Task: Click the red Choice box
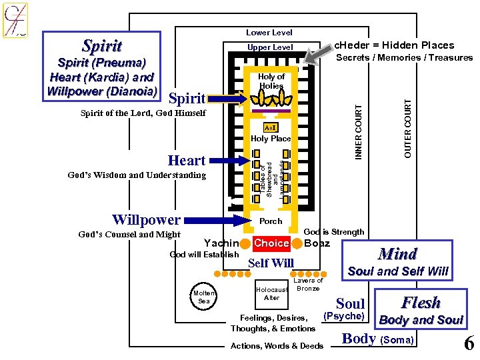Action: pyautogui.click(x=272, y=243)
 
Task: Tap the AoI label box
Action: pyautogui.click(x=270, y=127)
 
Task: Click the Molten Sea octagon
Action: pyautogui.click(x=204, y=297)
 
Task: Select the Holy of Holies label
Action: pyautogui.click(x=271, y=81)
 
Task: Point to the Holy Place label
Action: pyautogui.click(x=271, y=139)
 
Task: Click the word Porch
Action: pyautogui.click(x=271, y=221)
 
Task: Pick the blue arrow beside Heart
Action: pyautogui.click(x=230, y=161)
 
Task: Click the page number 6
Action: pyautogui.click(x=469, y=343)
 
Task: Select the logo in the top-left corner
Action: pyautogui.click(x=15, y=19)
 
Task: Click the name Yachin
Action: pyautogui.click(x=221, y=243)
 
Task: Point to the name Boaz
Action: pyautogui.click(x=317, y=243)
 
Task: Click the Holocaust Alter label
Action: pyautogui.click(x=272, y=294)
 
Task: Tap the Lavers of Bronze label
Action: pyautogui.click(x=308, y=284)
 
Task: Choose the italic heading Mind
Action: pyautogui.click(x=397, y=254)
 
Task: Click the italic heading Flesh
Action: pyautogui.click(x=421, y=303)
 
